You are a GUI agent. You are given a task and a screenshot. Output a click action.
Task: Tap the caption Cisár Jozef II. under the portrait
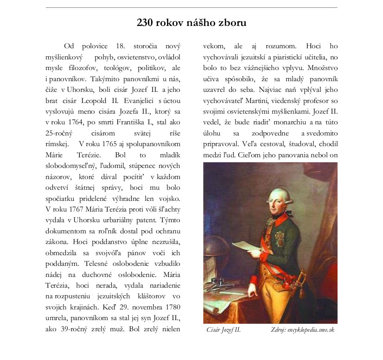point(224,330)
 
